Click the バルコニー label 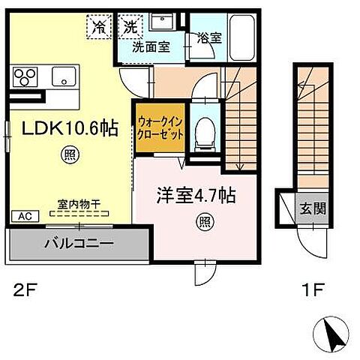point(78,243)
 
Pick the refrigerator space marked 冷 point(99,27)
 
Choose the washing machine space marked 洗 point(130,27)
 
